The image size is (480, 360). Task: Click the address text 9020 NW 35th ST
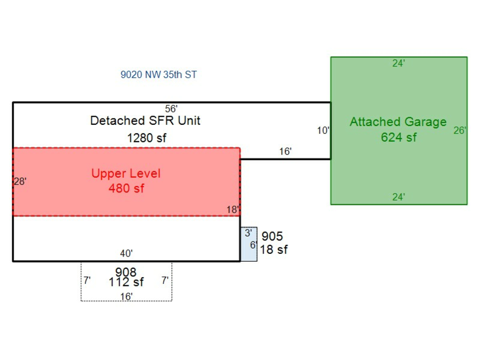158,75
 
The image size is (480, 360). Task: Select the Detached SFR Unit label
145,121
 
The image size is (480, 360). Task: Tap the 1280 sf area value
146,138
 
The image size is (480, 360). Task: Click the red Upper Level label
126,173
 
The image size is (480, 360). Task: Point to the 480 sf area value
126,188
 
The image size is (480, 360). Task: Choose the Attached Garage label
398,122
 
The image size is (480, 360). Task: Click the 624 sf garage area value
398,137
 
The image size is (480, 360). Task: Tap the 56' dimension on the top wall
171,108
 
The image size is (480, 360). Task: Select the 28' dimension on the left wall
20,181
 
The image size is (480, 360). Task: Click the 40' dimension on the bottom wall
126,254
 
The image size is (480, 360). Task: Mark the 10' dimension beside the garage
323,131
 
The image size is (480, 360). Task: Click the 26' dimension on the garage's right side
460,130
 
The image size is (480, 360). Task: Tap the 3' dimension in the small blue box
249,233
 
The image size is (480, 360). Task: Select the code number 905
272,236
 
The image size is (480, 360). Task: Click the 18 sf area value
274,249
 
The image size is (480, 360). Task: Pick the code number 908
126,273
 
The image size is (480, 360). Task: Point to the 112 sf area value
126,282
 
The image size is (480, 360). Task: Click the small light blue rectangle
249,251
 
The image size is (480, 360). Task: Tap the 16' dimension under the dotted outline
126,296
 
